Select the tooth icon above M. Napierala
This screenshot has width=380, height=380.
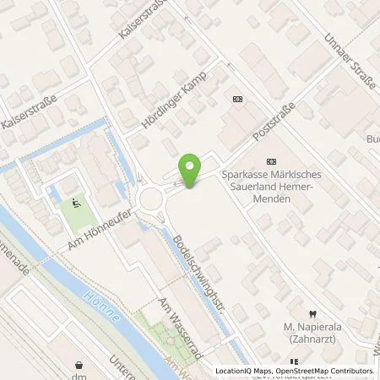coord(310,311)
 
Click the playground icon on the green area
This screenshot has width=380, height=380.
coord(78,202)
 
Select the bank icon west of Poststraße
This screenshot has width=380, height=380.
coord(237,99)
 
